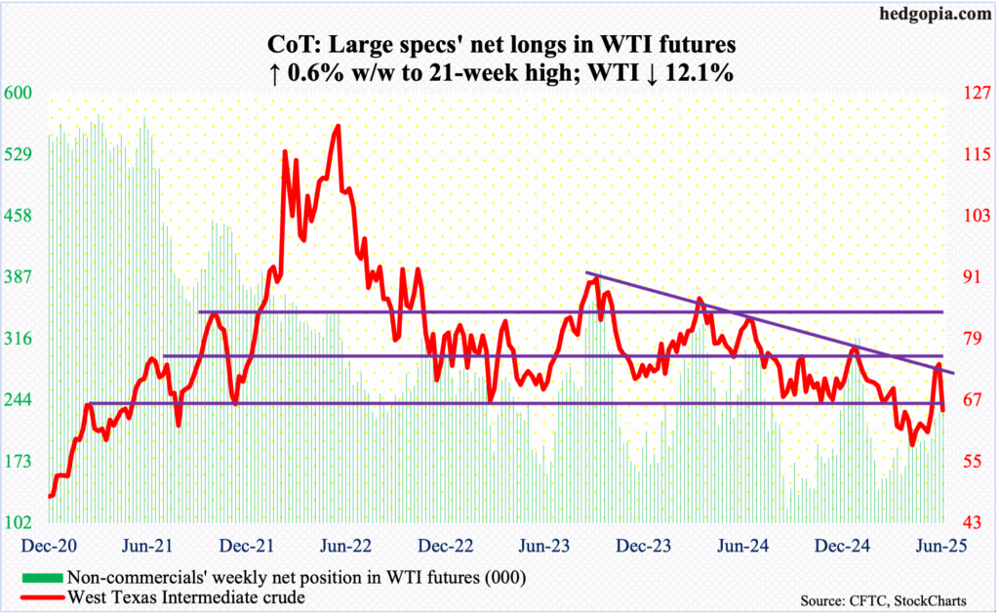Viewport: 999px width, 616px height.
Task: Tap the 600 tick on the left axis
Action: click(x=20, y=94)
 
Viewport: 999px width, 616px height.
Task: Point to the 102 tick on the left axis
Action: click(x=20, y=524)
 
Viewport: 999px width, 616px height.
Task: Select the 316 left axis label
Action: click(x=20, y=339)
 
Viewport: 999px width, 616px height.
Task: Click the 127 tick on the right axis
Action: click(x=976, y=94)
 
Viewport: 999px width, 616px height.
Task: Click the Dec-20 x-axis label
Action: click(x=46, y=546)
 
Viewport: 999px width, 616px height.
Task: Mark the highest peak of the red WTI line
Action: click(x=338, y=126)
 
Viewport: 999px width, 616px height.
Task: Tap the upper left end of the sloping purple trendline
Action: click(x=585, y=272)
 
